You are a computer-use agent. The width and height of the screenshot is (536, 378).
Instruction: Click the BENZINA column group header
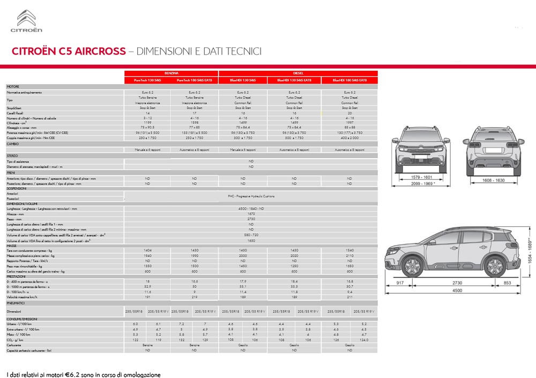click(172, 73)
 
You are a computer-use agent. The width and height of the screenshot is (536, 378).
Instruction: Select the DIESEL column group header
click(298, 73)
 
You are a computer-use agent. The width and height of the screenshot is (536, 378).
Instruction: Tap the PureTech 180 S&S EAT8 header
click(194, 80)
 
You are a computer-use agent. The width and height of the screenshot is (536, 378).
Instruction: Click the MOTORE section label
click(13, 86)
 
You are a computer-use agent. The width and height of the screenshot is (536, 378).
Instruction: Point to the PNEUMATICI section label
click(16, 303)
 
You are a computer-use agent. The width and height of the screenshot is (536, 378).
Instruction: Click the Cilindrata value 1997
click(349, 122)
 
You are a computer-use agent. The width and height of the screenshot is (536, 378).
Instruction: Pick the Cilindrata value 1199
click(148, 122)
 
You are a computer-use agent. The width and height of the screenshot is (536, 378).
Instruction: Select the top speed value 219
click(194, 297)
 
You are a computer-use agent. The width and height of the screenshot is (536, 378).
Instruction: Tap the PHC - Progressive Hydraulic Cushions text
click(251, 197)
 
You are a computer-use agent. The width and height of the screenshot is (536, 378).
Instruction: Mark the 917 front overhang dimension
click(400, 282)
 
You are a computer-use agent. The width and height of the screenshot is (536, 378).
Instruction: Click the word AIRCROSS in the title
click(99, 51)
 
